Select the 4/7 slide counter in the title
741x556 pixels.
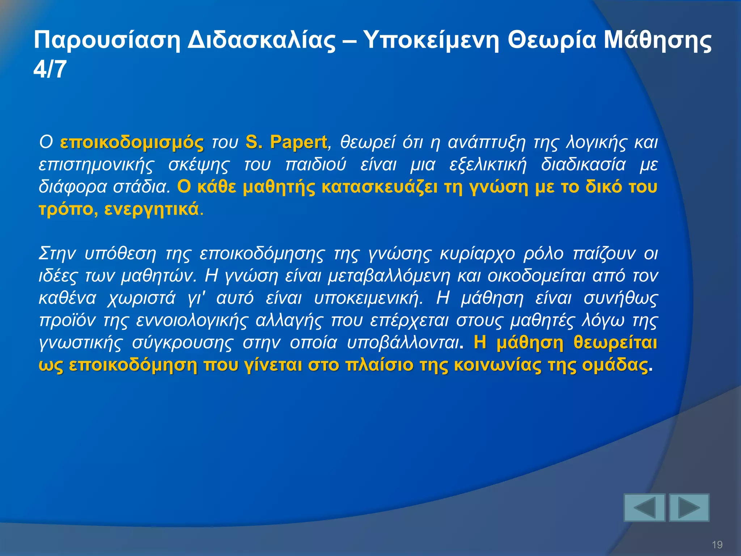50,69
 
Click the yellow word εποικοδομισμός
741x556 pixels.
132,142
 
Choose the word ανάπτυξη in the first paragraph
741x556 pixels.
487,142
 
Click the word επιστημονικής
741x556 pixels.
96,165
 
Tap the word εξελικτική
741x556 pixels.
488,165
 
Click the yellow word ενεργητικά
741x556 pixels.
152,210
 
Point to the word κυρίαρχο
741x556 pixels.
477,253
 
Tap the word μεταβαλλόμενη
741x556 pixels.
389,276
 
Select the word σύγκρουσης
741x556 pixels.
183,343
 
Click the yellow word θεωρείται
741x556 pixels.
615,342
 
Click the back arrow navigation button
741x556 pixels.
644,507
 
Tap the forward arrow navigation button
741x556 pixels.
689,507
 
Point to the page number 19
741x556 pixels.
717,544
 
